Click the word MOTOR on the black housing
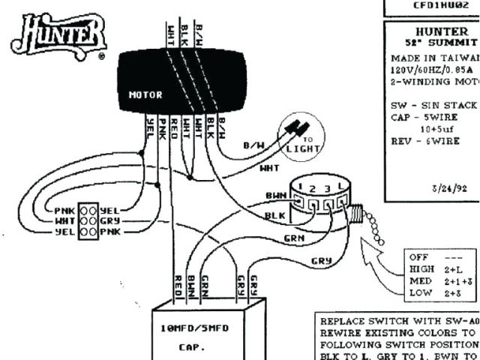tap(145, 95)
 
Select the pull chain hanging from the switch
tap(372, 224)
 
